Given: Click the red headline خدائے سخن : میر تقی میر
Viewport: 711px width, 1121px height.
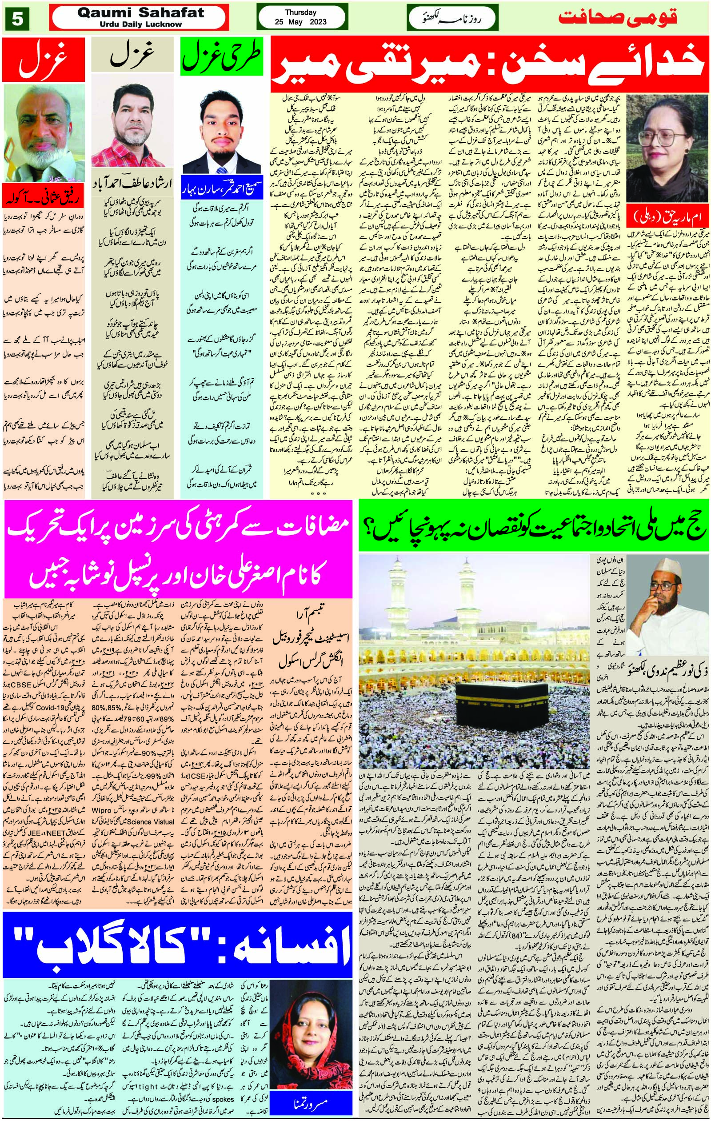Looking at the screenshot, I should pyautogui.click(x=488, y=65).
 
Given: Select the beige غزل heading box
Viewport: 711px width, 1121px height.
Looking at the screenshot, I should pyautogui.click(x=132, y=58).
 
